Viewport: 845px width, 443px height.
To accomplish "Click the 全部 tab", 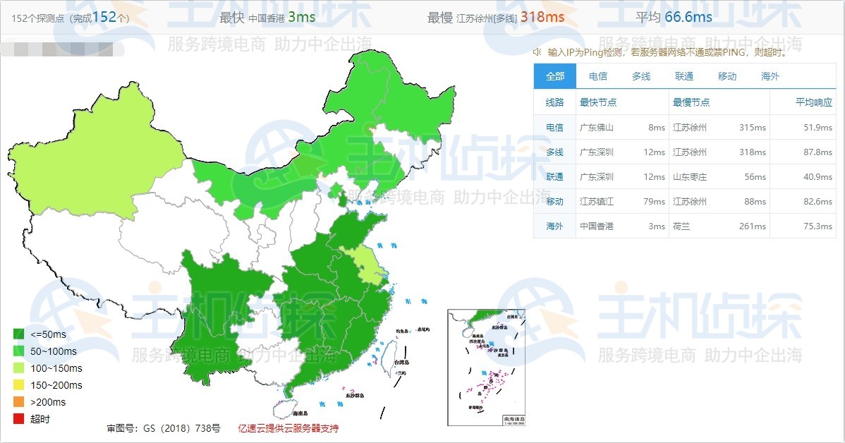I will click(x=555, y=76).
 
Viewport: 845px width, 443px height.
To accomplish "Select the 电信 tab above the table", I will click(x=598, y=76).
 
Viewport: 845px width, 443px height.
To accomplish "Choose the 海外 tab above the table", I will click(x=770, y=76).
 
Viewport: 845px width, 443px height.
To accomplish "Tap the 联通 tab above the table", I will click(x=684, y=76).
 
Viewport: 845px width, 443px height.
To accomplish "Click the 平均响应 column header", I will click(x=813, y=102).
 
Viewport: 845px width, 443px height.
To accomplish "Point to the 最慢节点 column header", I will click(x=691, y=102).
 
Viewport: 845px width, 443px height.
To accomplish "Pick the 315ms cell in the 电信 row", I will click(x=753, y=128).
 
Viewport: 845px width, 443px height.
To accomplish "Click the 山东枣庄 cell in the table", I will click(x=690, y=177).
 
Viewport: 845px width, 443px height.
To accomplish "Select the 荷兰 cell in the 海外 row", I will click(x=681, y=226).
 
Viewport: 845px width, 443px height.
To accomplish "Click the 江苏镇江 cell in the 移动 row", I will click(x=597, y=202).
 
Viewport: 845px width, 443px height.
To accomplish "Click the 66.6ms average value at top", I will click(x=688, y=17).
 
